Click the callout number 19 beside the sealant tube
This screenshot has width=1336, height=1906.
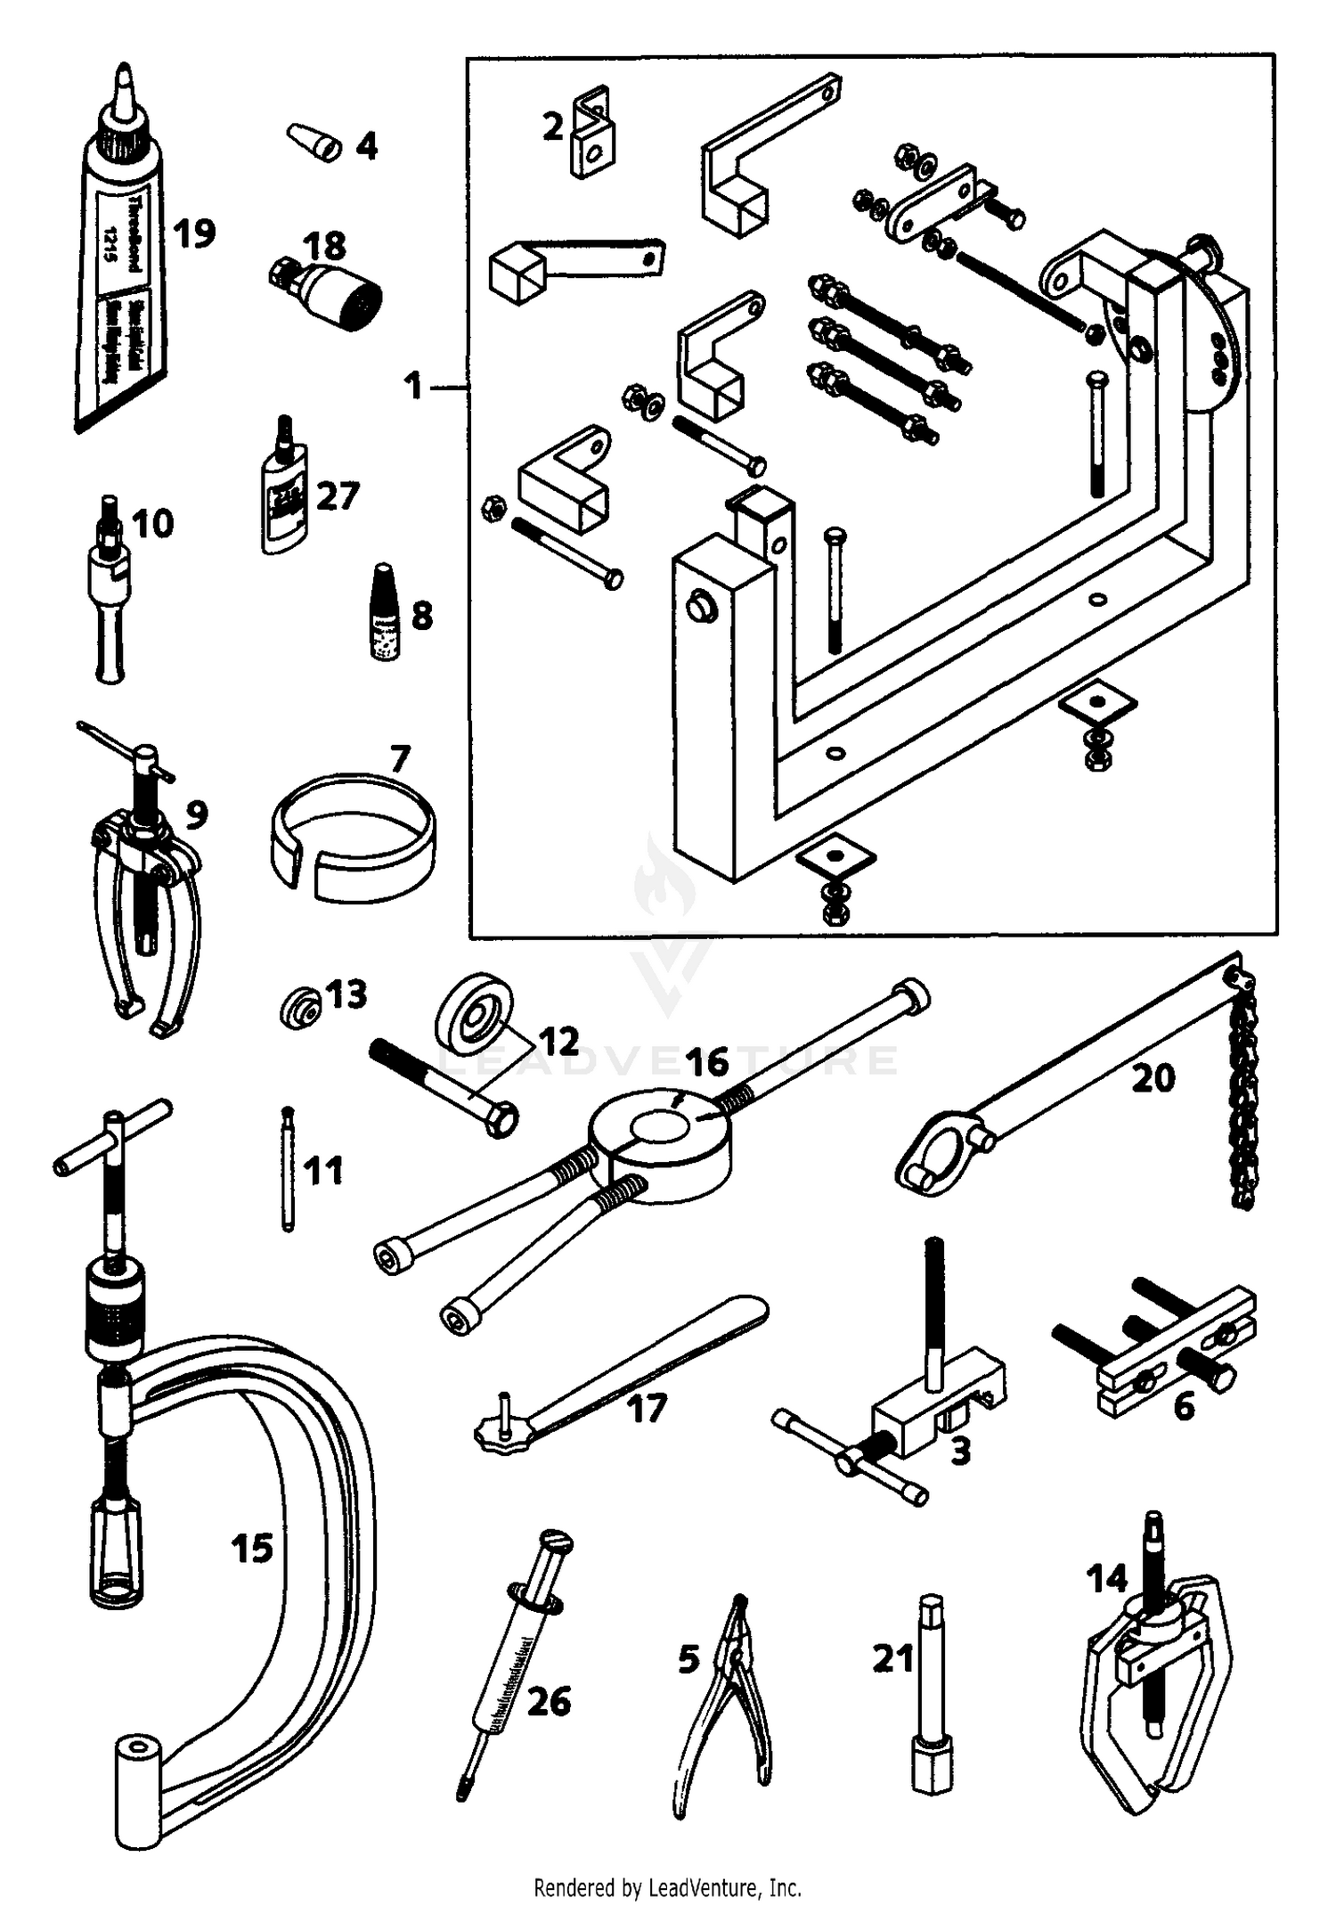pyautogui.click(x=194, y=234)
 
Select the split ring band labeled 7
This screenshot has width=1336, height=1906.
pyautogui.click(x=354, y=838)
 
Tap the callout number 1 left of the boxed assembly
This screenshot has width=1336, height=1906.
pyautogui.click(x=412, y=387)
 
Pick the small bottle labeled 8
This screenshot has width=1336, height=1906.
pyautogui.click(x=384, y=615)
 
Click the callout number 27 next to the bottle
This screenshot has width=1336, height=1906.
pyautogui.click(x=338, y=496)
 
